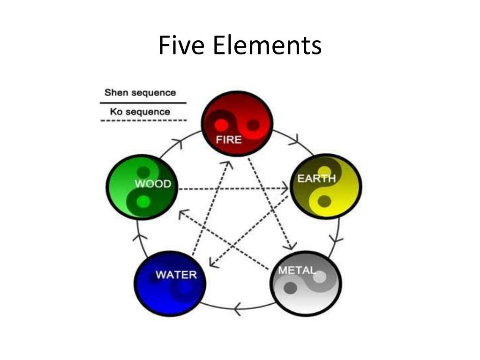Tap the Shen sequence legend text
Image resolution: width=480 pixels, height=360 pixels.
click(140, 92)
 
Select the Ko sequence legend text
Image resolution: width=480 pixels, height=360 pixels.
click(140, 112)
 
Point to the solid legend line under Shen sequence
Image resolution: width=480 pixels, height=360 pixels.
click(143, 102)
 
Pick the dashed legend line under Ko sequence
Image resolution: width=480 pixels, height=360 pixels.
click(143, 121)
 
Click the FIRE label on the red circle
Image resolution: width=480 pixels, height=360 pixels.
click(228, 140)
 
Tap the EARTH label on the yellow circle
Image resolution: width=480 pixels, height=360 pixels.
click(317, 178)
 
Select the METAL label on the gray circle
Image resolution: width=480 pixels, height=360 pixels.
click(297, 271)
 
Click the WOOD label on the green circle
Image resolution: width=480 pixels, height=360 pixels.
click(153, 184)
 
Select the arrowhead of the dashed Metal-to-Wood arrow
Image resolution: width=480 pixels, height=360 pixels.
click(181, 214)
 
